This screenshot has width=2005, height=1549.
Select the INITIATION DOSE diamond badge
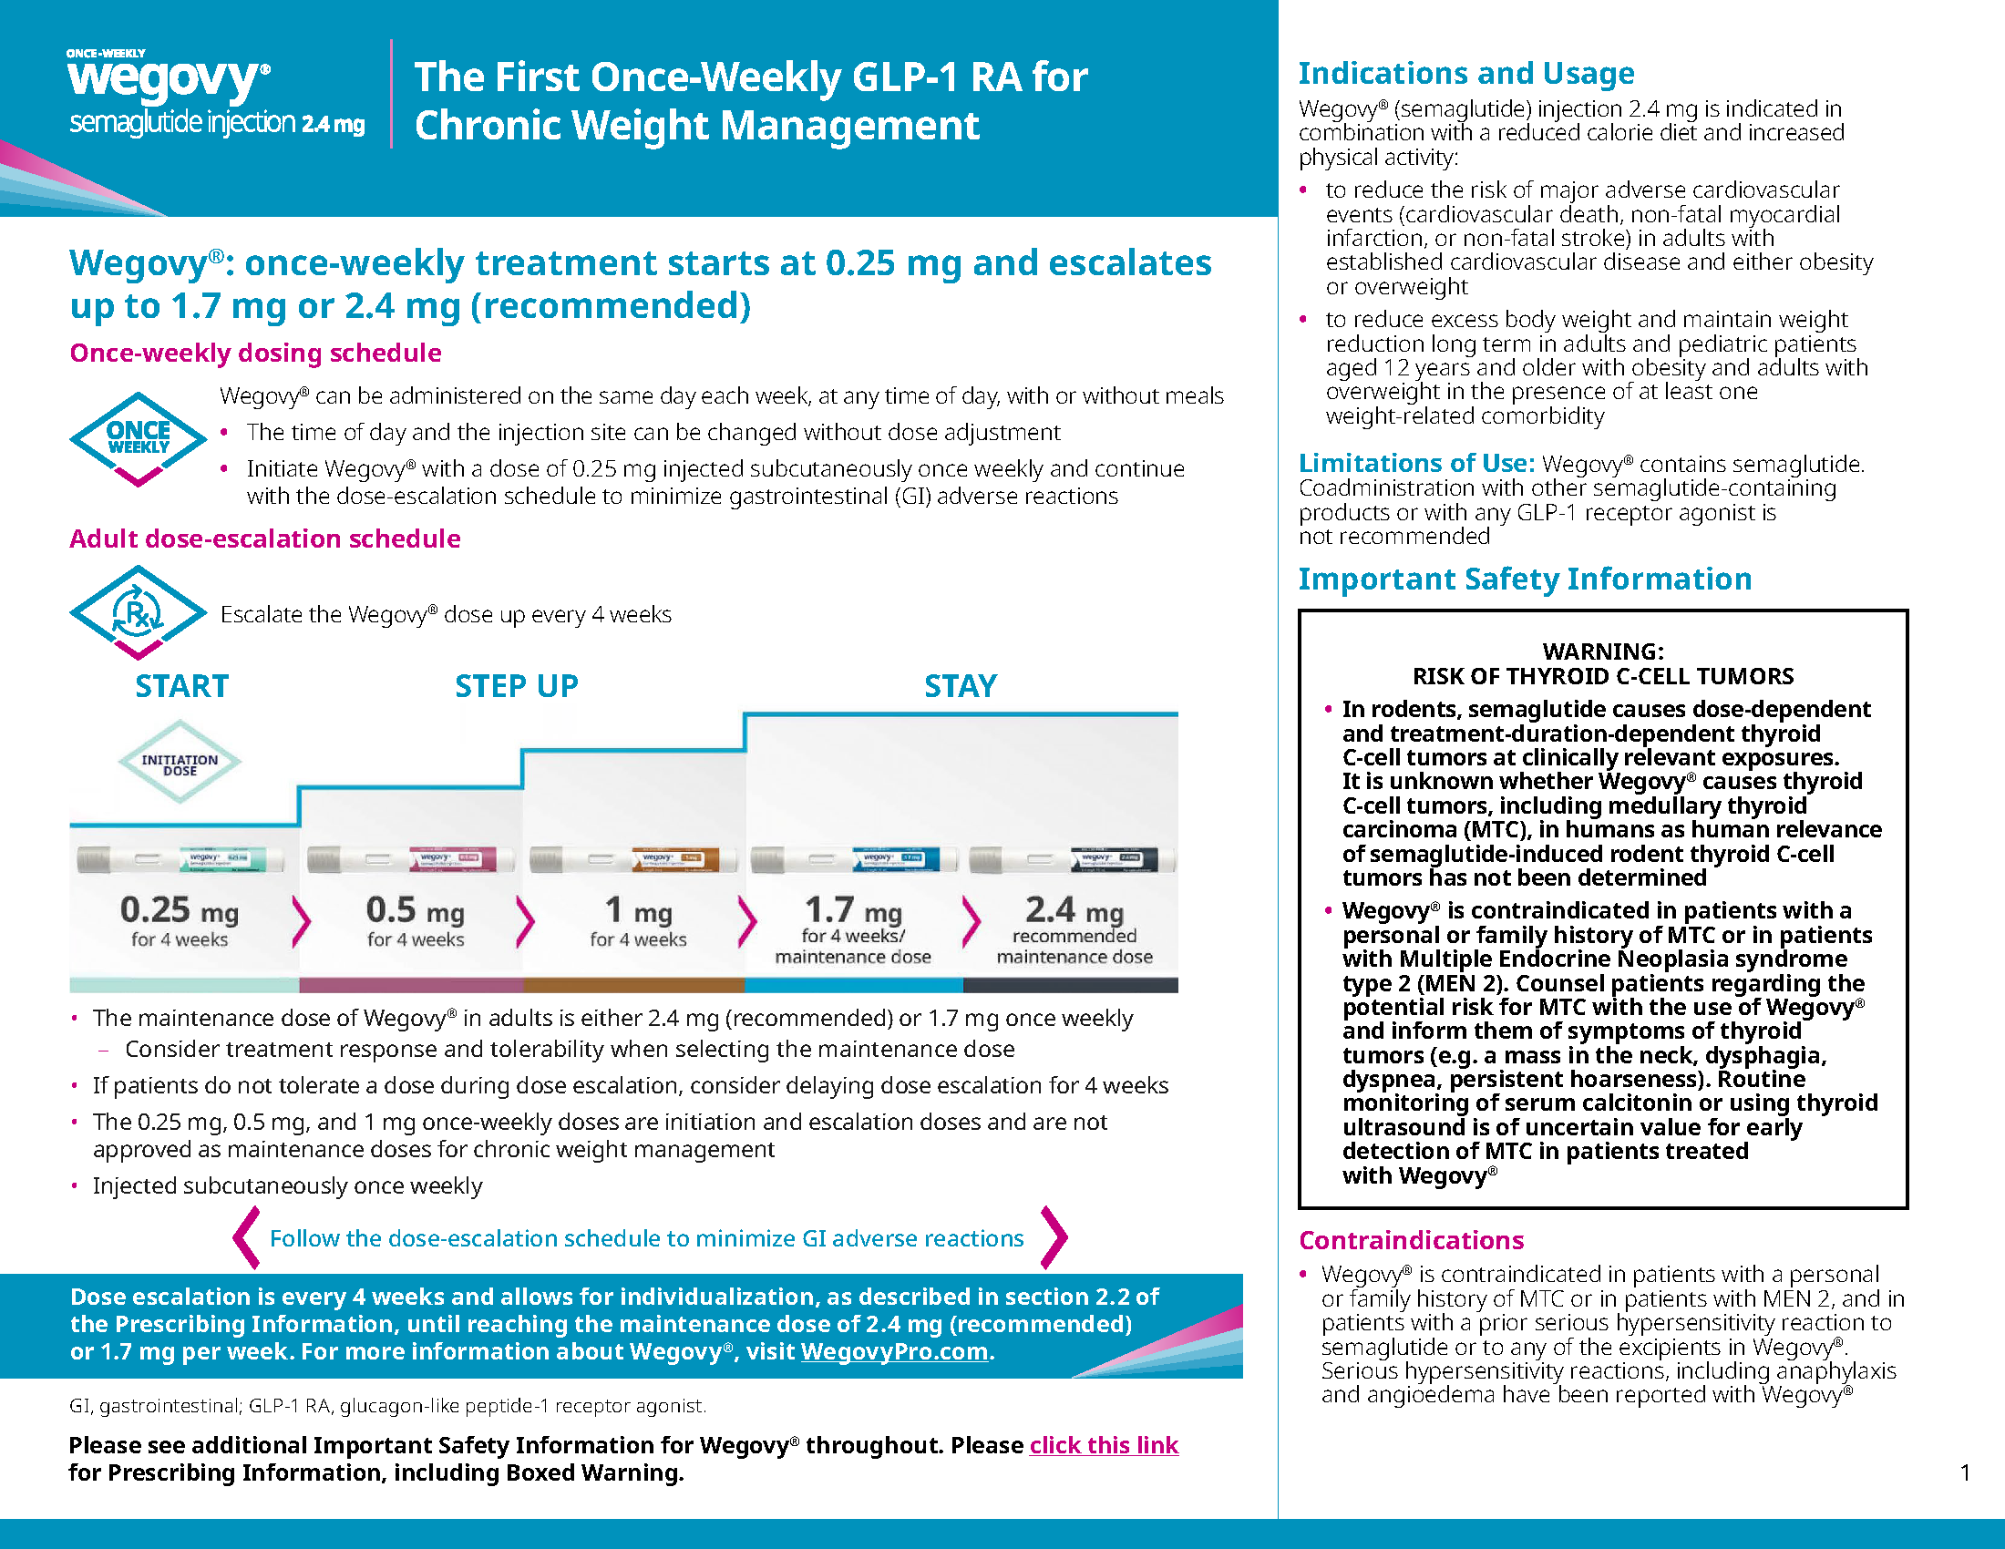(180, 764)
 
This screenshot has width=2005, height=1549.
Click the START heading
(181, 686)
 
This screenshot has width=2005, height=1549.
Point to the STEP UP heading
(517, 686)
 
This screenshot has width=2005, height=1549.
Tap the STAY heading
(961, 686)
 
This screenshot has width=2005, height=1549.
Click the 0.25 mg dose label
(180, 910)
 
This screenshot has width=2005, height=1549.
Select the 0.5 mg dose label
(416, 910)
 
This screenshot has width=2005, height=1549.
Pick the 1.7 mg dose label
(854, 910)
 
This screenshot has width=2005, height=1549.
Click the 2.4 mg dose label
(1075, 910)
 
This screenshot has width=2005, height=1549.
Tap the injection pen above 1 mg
(634, 860)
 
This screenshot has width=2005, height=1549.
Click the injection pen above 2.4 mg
(1074, 860)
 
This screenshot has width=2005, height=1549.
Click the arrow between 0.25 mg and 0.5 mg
(300, 920)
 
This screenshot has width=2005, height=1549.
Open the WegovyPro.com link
(894, 1351)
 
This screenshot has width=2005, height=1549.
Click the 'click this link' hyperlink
(1104, 1445)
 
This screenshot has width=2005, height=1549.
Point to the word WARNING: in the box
(1603, 651)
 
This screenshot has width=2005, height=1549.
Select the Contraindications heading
(1411, 1241)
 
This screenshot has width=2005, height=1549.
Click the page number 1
(1965, 1472)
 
